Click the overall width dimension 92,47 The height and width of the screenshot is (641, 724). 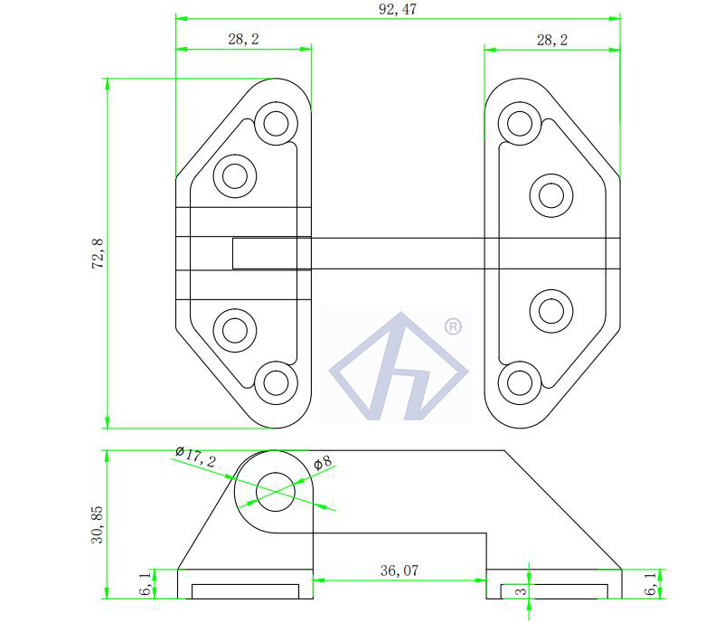(398, 9)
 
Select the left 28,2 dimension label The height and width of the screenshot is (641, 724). (242, 39)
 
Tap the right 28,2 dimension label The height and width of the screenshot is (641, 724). (551, 39)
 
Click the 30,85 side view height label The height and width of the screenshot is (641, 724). (98, 524)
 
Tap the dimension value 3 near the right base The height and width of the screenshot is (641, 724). (519, 591)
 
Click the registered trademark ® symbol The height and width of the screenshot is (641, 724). (453, 325)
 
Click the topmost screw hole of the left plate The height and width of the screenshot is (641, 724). (277, 122)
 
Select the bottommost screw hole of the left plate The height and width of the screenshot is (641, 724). (277, 382)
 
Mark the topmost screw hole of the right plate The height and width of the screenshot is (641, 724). (519, 122)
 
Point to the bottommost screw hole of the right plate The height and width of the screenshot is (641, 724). (519, 382)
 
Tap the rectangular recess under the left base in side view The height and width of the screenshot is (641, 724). (245, 591)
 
